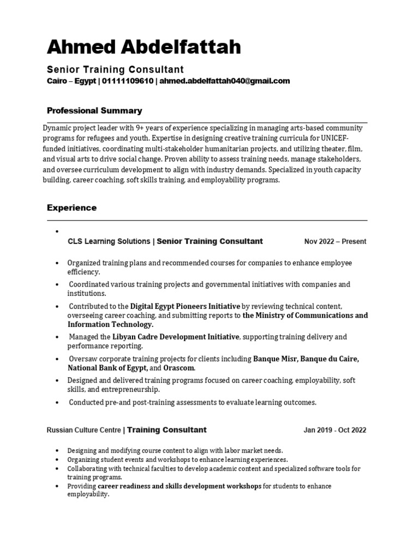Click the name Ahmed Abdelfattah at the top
tap(143, 47)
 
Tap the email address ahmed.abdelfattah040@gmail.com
tap(224, 81)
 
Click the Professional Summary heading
tap(94, 111)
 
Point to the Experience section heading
tap(71, 208)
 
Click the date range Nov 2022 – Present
tap(335, 241)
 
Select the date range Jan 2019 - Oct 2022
tap(335, 430)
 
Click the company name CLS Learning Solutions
tap(109, 241)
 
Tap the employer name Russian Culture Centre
tap(84, 430)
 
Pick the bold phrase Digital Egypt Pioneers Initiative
tap(185, 306)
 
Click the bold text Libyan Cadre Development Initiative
tap(176, 337)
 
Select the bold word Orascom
tap(179, 368)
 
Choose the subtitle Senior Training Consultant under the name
tap(115, 69)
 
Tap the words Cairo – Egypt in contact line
tap(71, 81)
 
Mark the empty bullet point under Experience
tap(57, 231)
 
